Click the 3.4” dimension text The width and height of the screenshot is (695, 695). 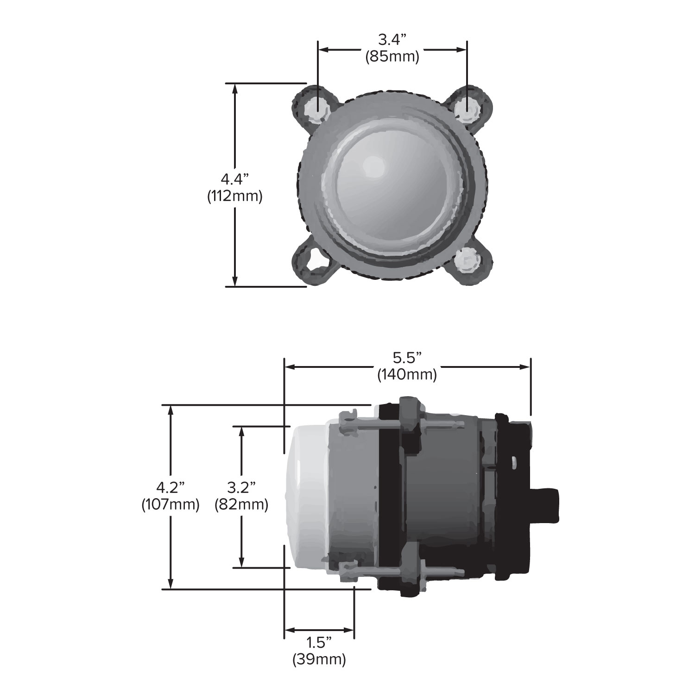[392, 40]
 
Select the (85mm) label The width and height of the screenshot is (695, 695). [392, 57]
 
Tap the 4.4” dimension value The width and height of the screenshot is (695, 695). [235, 178]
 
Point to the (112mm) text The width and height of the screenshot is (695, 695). [235, 196]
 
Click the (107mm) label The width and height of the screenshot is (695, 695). [171, 504]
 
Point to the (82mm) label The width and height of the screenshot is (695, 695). [241, 504]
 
